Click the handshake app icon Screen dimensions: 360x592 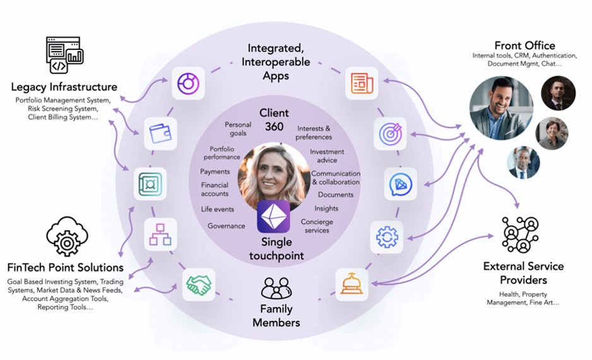(x=198, y=285)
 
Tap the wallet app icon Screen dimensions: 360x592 (x=160, y=133)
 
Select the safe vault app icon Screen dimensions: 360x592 (x=150, y=184)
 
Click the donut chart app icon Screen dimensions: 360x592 (x=188, y=83)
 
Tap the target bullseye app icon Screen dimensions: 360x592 (x=389, y=133)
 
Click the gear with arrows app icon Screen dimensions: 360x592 (x=386, y=236)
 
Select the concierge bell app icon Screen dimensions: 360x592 (x=352, y=284)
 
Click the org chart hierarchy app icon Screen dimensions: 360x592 (x=160, y=234)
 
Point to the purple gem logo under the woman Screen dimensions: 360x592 (x=273, y=216)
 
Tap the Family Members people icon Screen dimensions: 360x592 (x=276, y=289)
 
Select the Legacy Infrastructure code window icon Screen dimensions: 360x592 (x=65, y=56)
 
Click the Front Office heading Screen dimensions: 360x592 (x=524, y=45)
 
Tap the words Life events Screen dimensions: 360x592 (x=218, y=209)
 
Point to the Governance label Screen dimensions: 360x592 (x=226, y=225)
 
